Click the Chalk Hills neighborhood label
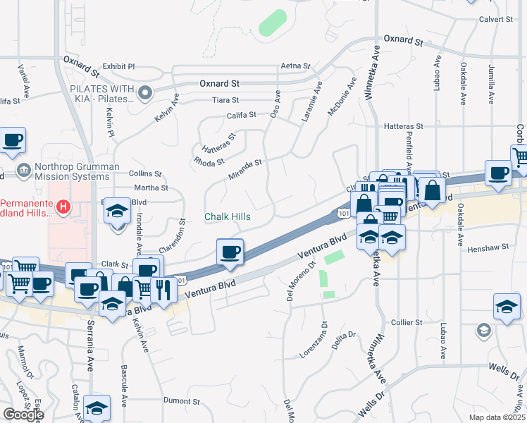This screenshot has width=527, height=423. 228,216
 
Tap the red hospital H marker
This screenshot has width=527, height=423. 63,207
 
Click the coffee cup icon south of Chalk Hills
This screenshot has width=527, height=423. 230,252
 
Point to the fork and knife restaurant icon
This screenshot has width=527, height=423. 163,289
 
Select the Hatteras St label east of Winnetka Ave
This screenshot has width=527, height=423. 404,126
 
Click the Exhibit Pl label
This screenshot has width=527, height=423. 118,66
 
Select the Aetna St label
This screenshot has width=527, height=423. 295,66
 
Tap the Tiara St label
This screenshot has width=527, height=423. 226,100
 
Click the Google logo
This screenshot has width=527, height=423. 23,415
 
